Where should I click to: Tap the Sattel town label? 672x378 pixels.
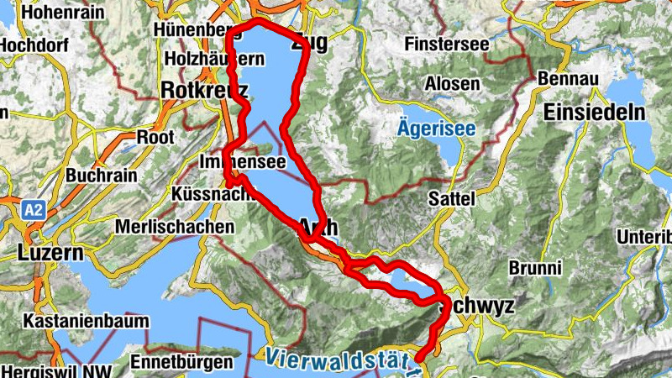[452, 200]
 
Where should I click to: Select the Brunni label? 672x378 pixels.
[535, 268]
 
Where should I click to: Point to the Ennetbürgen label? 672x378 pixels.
[181, 363]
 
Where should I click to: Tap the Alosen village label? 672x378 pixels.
[453, 84]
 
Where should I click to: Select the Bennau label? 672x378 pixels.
[573, 78]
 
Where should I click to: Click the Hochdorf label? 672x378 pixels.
[29, 46]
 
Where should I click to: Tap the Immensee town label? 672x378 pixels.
[244, 161]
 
